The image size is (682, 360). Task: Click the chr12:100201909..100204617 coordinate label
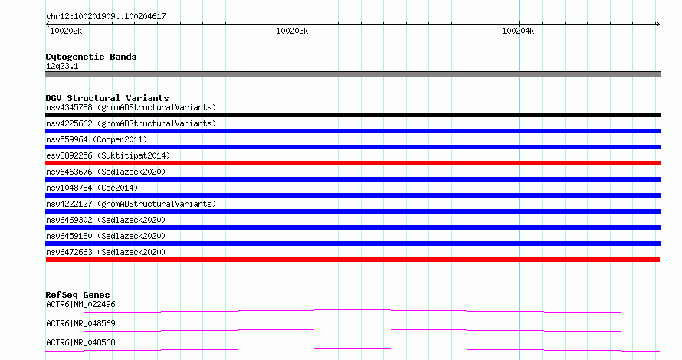point(106,17)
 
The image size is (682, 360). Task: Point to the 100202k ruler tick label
point(66,31)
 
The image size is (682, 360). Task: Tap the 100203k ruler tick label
point(292,31)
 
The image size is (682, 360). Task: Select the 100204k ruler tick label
point(518,31)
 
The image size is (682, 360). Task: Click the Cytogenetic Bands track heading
point(91,57)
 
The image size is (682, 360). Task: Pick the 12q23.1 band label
point(62,66)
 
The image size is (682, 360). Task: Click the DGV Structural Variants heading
point(107,98)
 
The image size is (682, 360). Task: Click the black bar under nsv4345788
point(352,115)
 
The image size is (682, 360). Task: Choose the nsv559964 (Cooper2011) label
point(97,139)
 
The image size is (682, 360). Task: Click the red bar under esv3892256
point(352,163)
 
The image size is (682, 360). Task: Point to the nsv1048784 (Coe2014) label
point(92,188)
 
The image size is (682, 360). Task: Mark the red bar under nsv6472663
point(352,260)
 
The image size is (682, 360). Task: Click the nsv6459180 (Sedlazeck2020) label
point(106,236)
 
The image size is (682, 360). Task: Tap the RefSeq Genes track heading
point(77,295)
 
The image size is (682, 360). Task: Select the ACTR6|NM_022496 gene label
point(80,304)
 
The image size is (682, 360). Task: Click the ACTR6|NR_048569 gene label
point(80,323)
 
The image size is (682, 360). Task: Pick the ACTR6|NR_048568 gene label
point(80,342)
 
